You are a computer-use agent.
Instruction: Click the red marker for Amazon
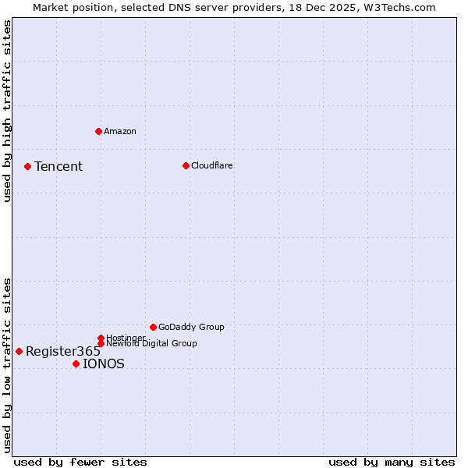click(98, 131)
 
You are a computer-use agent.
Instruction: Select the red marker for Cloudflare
click(186, 165)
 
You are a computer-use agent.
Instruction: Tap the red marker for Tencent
click(27, 166)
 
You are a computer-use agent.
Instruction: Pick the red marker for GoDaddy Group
click(153, 327)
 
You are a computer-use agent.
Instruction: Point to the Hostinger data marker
click(101, 338)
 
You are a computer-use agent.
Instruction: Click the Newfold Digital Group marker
click(101, 343)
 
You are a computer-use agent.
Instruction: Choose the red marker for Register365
click(19, 351)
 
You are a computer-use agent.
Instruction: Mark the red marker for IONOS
click(76, 363)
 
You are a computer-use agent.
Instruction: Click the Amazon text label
click(120, 131)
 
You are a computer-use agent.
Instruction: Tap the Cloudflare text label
click(212, 165)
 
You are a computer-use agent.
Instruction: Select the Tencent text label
click(58, 166)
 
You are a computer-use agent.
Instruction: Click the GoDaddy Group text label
click(191, 327)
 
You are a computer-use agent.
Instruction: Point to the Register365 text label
click(63, 351)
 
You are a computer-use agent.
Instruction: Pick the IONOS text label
click(104, 363)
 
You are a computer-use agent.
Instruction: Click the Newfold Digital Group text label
click(152, 343)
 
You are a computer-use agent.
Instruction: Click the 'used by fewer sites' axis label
click(80, 462)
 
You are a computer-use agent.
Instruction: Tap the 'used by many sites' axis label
click(392, 462)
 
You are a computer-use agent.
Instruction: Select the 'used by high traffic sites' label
click(7, 111)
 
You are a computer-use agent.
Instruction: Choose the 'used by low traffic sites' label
click(7, 365)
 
